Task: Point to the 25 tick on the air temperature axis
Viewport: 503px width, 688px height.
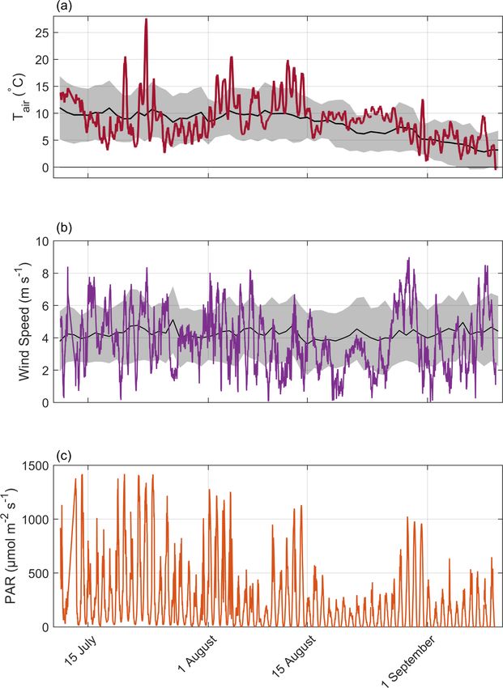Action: (40, 32)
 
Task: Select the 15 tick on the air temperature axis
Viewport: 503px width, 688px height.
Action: (40, 86)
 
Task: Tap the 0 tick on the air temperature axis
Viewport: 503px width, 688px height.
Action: (44, 167)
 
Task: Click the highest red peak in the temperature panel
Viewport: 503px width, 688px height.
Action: (146, 19)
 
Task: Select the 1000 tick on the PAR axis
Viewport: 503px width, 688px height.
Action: (32, 519)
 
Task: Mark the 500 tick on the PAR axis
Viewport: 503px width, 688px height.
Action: (36, 573)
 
